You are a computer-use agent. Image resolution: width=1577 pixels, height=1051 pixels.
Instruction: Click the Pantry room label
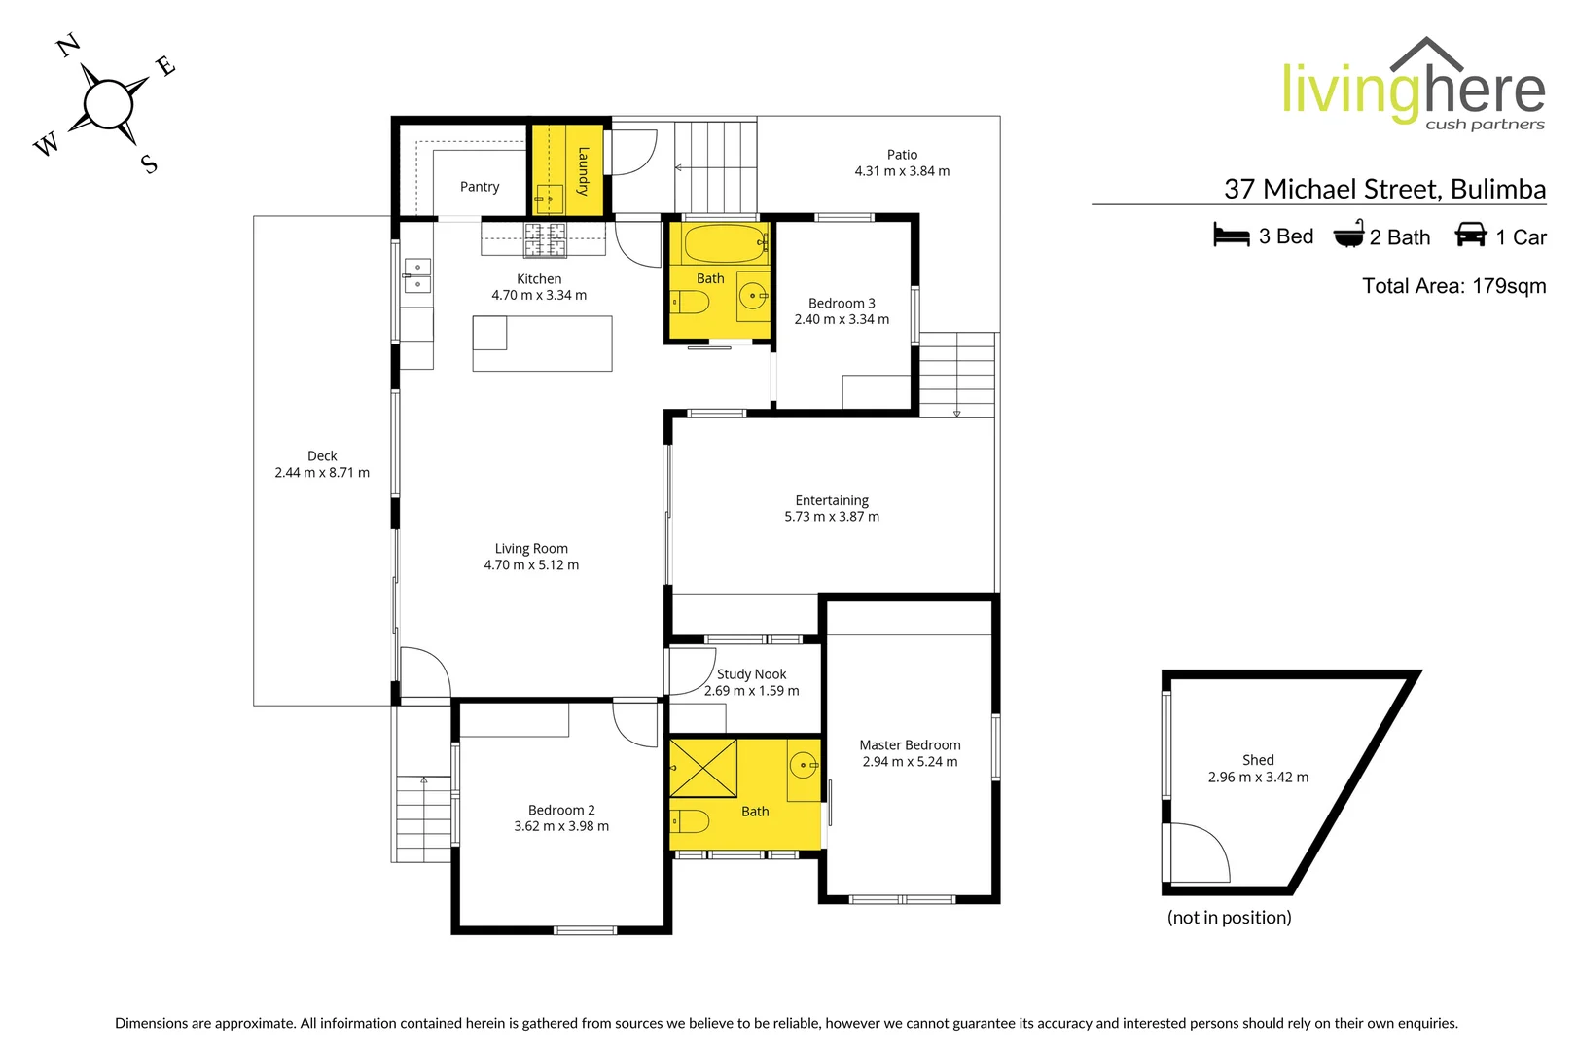480,187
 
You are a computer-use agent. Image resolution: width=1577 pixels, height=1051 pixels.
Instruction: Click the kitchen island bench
543,344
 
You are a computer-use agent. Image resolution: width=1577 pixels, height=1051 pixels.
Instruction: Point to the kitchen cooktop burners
545,239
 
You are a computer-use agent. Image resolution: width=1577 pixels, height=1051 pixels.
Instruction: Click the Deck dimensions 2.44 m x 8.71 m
322,473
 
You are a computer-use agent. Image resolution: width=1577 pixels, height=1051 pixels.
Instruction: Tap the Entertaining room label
832,500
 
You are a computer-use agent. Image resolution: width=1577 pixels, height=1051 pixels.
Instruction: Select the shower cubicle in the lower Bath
703,769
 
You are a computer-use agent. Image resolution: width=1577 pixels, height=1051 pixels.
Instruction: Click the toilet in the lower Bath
690,821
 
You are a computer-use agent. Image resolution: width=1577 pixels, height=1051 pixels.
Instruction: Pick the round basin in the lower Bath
803,765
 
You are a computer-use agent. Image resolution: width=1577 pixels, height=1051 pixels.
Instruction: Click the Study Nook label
751,674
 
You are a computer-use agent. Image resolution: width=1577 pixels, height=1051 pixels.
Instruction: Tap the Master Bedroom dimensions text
910,762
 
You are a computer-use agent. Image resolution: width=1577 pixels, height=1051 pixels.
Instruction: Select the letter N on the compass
67,45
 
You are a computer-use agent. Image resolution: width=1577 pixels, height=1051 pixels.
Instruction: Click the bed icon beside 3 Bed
1231,236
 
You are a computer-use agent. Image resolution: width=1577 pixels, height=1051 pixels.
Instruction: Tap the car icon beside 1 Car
1470,235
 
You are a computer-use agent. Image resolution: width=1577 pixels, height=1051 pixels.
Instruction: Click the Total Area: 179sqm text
1453,286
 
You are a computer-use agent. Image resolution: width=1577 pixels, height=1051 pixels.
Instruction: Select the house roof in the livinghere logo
1426,54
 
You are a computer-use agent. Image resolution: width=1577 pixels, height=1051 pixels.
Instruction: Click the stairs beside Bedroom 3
957,374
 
